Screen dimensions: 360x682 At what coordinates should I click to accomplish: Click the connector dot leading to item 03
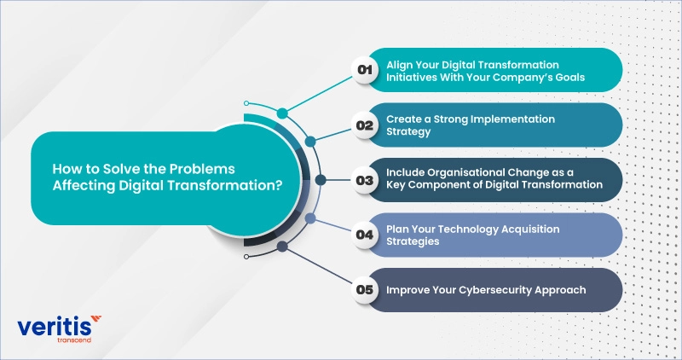321,180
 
